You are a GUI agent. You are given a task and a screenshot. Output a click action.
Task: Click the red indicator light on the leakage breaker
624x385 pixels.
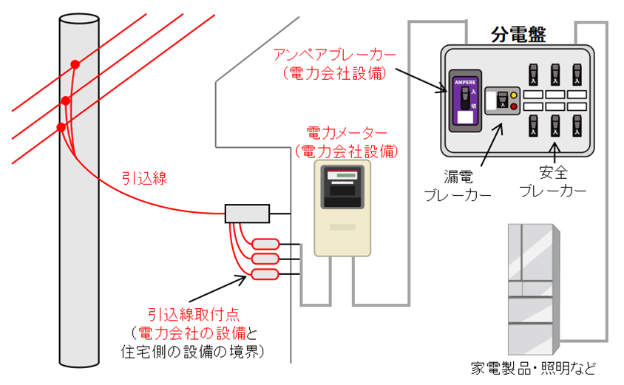[513, 106]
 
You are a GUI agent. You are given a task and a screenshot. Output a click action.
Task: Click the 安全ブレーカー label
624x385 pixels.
[553, 183]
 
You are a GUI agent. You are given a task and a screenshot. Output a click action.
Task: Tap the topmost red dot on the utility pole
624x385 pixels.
[75, 65]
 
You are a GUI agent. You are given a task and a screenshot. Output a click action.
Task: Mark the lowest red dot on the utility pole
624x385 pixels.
[61, 127]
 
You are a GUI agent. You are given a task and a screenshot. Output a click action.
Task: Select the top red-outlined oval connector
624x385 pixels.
[265, 244]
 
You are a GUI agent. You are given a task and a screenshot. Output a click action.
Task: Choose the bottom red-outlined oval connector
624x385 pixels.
[265, 275]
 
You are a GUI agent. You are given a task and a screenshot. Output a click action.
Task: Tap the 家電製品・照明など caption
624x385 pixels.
[532, 367]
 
